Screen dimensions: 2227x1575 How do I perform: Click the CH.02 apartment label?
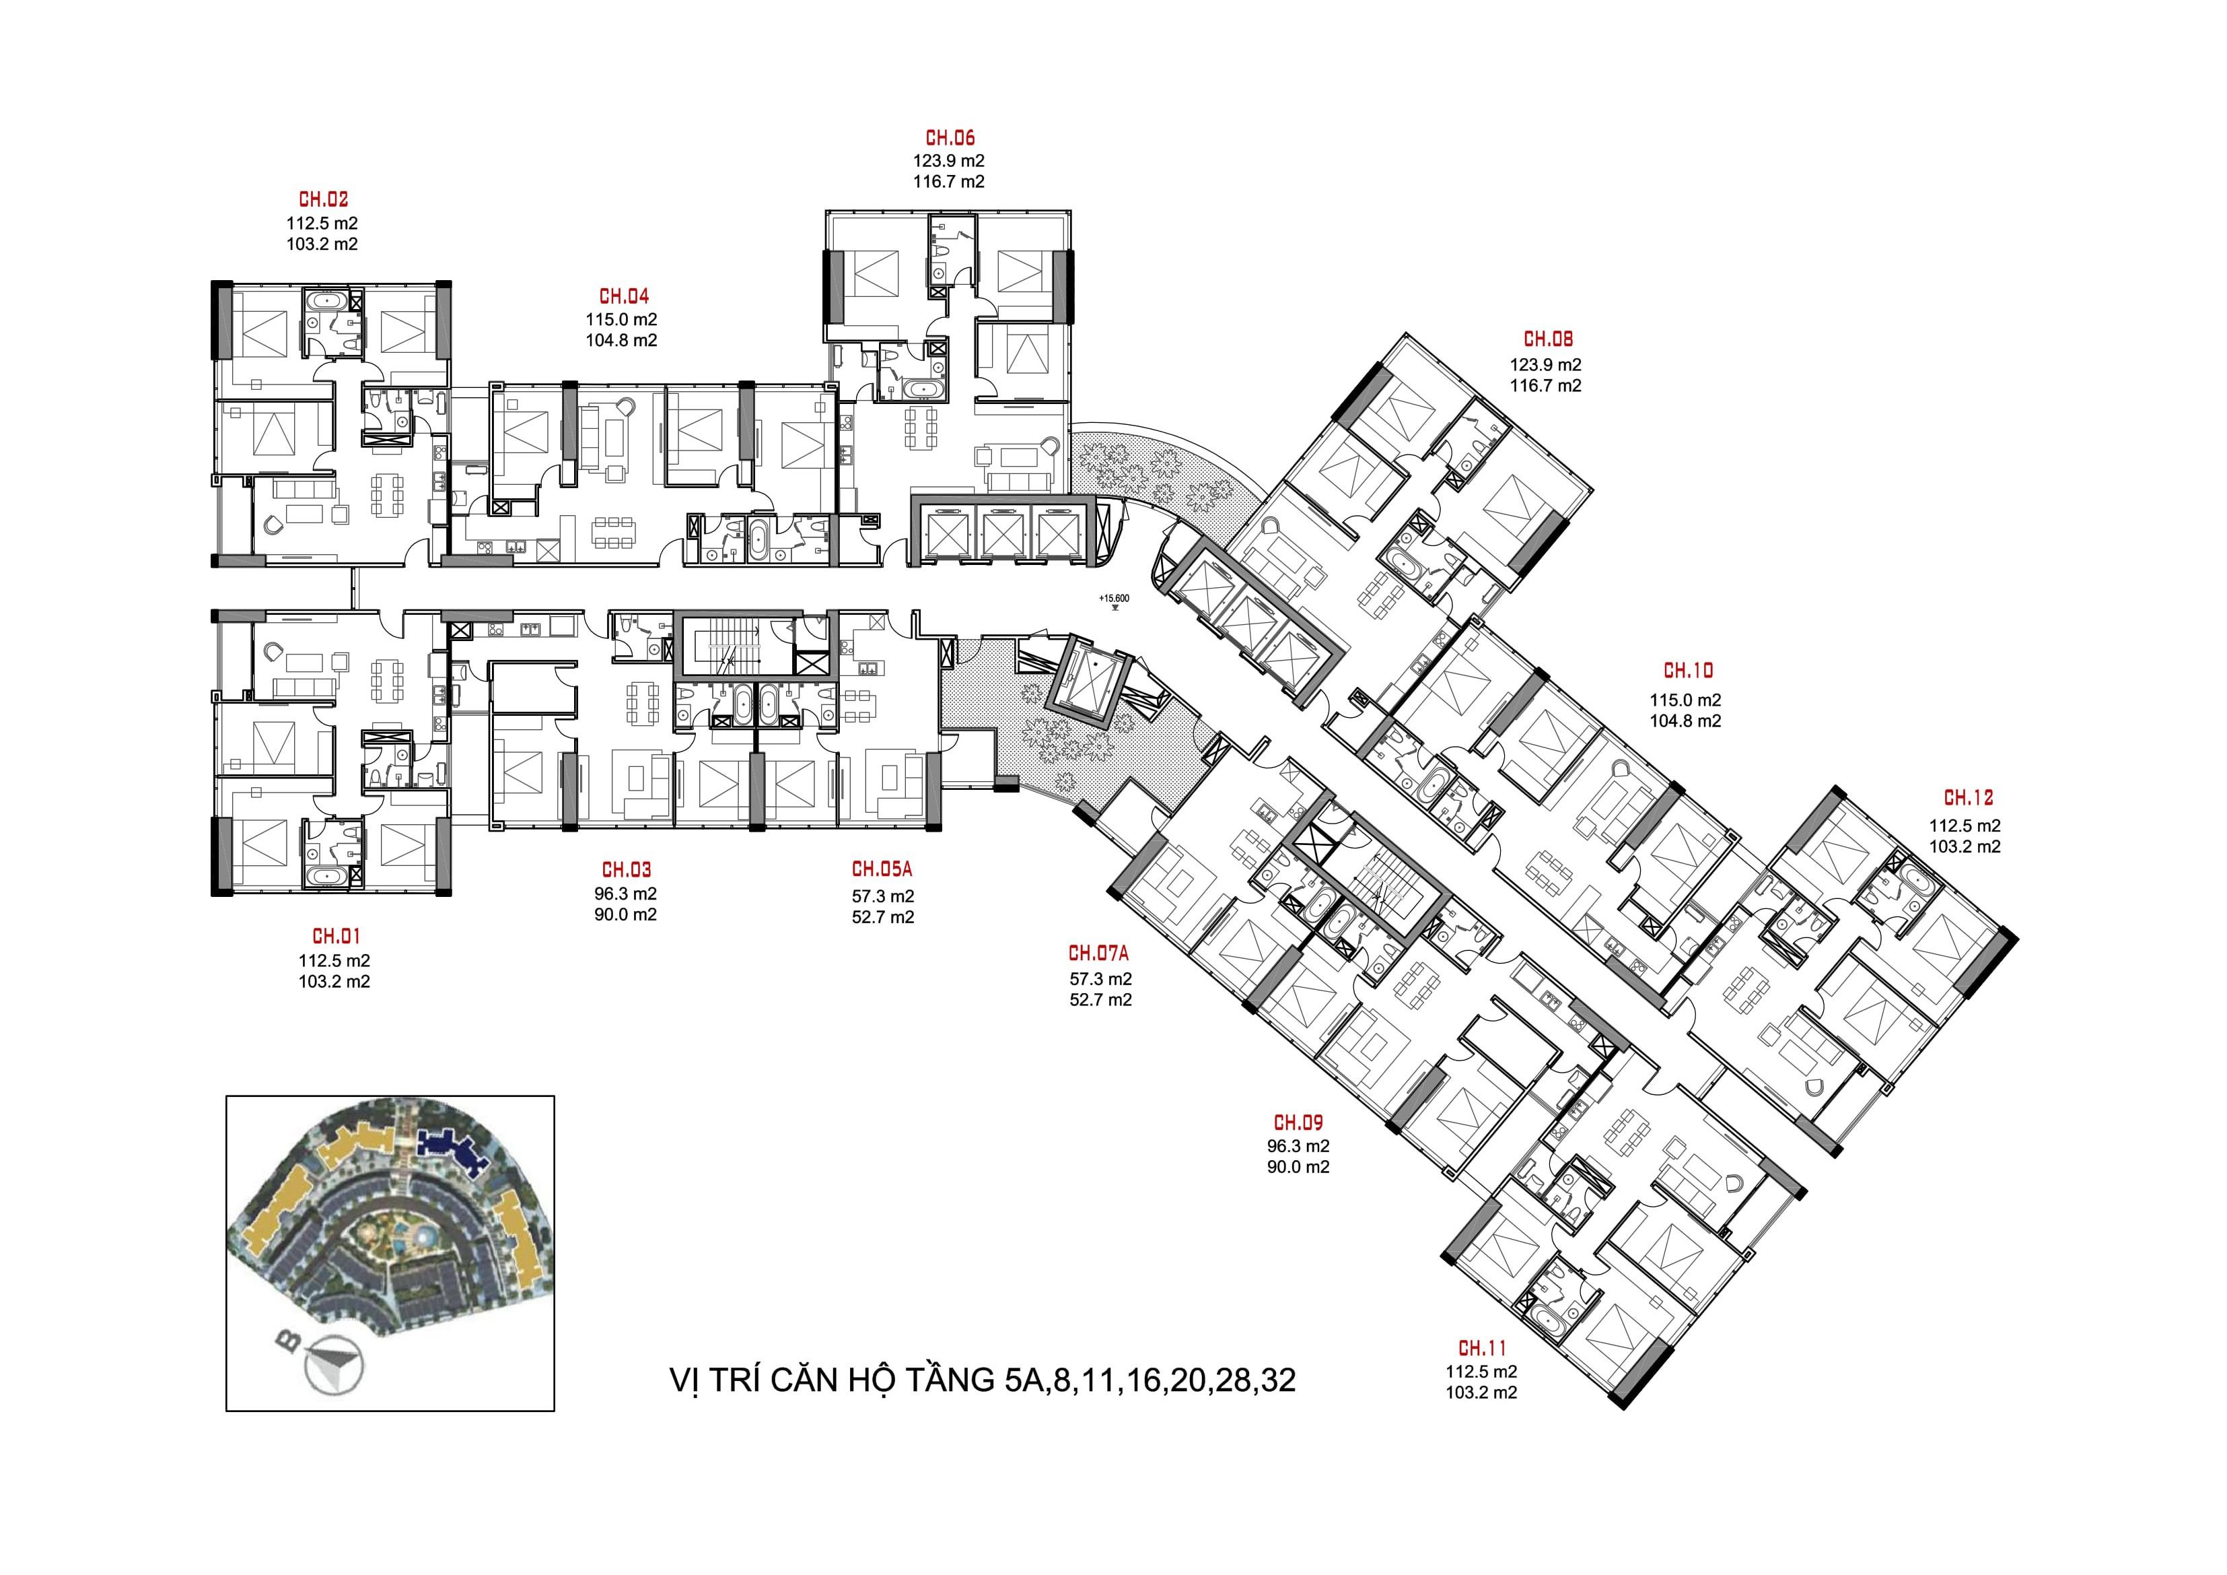(x=323, y=200)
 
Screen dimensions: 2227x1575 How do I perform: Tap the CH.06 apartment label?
(x=950, y=139)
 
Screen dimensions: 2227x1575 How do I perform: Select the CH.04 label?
(x=624, y=296)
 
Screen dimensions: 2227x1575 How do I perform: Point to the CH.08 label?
(x=1548, y=339)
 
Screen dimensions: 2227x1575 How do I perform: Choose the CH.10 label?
(x=1688, y=671)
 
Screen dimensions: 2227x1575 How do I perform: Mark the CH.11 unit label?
(x=1482, y=1348)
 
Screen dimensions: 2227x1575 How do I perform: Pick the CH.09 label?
(x=1298, y=1124)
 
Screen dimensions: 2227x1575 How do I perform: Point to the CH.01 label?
(x=336, y=937)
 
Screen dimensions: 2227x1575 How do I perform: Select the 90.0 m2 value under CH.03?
(x=626, y=914)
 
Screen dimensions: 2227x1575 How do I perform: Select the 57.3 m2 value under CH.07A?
(x=1101, y=979)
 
